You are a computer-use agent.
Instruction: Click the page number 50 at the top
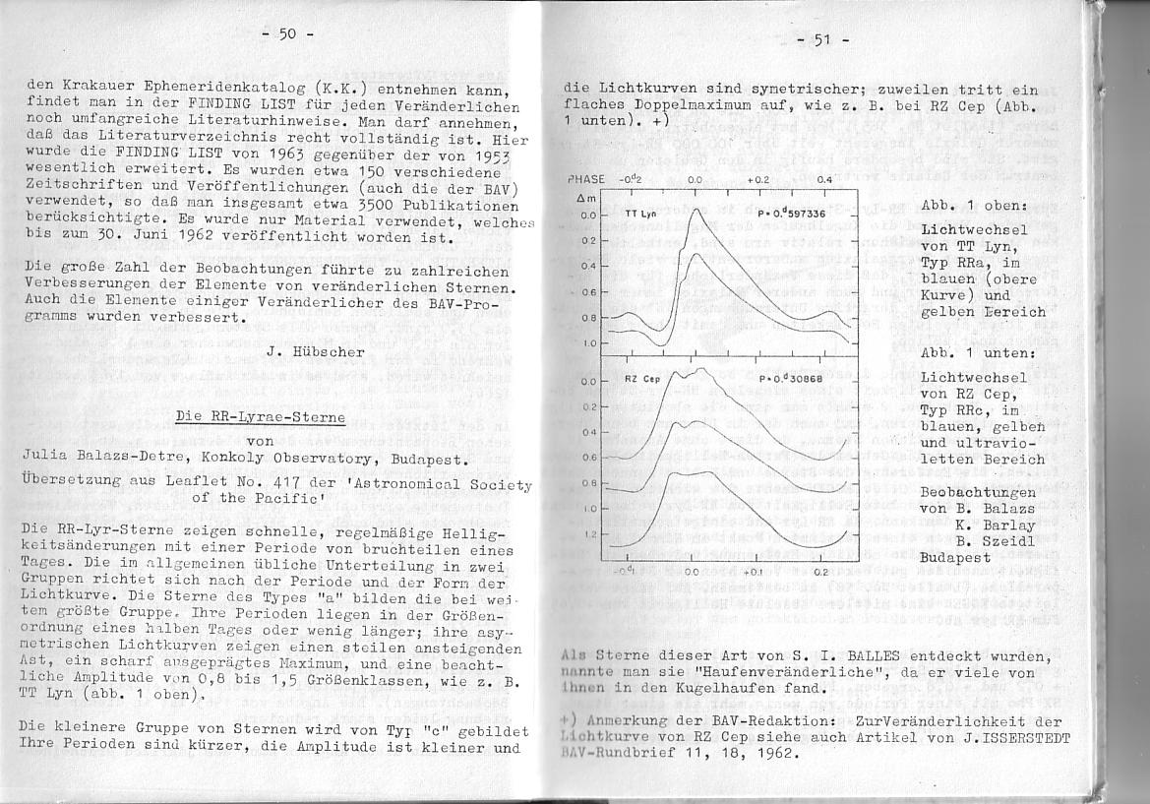287,34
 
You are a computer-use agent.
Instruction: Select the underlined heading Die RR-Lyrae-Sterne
261,416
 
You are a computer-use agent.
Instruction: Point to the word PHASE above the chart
586,180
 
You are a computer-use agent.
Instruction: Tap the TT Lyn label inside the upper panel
640,214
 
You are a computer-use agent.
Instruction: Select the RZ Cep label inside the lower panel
643,379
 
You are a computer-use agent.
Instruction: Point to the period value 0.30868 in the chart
794,379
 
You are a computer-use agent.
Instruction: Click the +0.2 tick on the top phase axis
757,180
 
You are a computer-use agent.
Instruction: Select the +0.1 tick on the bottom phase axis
753,572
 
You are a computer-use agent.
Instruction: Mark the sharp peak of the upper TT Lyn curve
696,209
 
